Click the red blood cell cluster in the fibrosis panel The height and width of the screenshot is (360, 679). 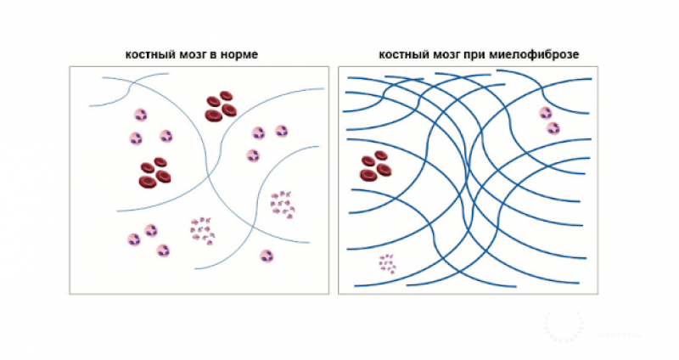click(374, 166)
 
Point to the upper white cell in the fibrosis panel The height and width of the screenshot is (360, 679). click(545, 113)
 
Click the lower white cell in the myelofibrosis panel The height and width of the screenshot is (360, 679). click(553, 128)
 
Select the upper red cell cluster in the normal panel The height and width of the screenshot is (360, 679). click(221, 107)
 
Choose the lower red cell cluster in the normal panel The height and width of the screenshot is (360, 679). click(154, 172)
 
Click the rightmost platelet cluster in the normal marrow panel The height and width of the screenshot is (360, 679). click(281, 204)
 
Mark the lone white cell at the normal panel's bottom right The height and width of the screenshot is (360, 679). click(267, 255)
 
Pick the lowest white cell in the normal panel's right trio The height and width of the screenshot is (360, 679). click(252, 155)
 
